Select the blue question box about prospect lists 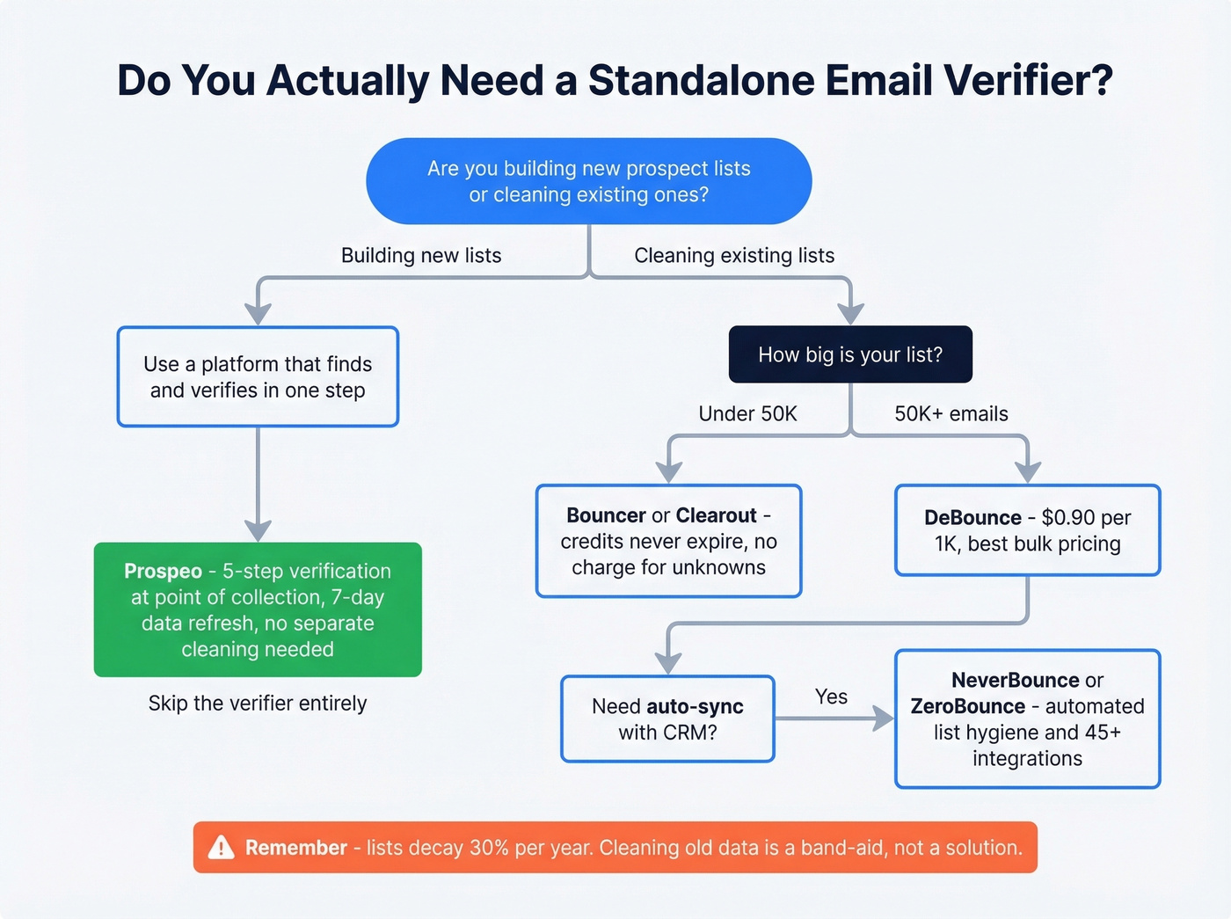[x=588, y=181]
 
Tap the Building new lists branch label [x=420, y=256]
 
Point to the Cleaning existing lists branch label [x=733, y=256]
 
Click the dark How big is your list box [x=849, y=354]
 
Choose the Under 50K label [x=747, y=414]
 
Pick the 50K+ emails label [x=951, y=414]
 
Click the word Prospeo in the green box [x=163, y=572]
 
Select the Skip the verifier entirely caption [x=257, y=704]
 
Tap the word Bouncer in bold [x=606, y=516]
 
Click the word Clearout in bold [x=716, y=516]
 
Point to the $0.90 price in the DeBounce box [x=1068, y=518]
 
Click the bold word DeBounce [x=972, y=518]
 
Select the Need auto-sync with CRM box [x=667, y=719]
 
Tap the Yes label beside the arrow [x=831, y=697]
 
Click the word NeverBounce [x=1015, y=681]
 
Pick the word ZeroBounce [x=967, y=707]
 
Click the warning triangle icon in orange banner [x=221, y=848]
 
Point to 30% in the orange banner [x=489, y=848]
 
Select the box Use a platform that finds [x=258, y=377]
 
